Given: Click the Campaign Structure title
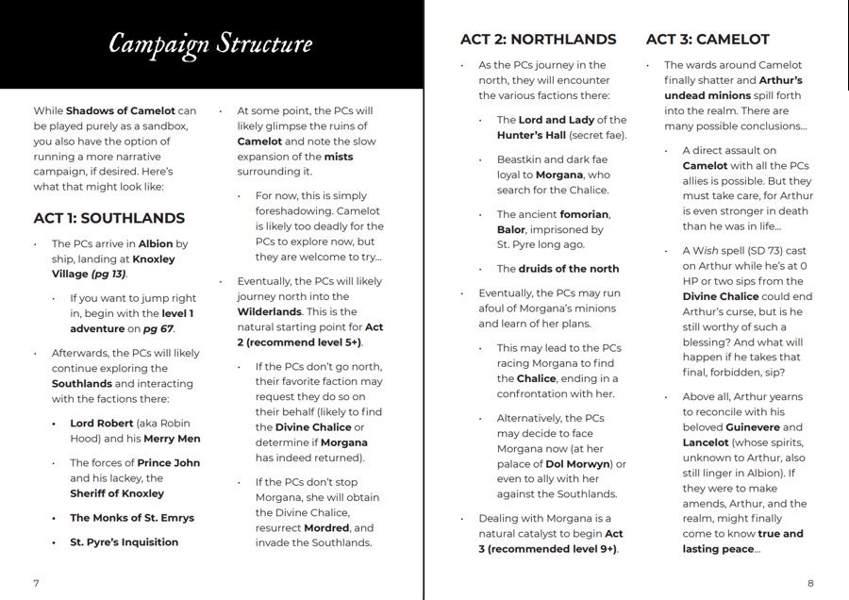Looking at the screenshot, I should (x=209, y=43).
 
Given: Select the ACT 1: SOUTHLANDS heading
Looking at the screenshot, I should (x=108, y=218).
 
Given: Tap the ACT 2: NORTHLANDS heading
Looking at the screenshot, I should (x=538, y=40).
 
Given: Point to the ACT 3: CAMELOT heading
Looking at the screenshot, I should (x=707, y=40).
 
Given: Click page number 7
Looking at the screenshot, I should (x=36, y=582).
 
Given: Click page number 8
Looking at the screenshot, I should (x=811, y=582).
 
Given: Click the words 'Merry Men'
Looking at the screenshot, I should (x=172, y=439).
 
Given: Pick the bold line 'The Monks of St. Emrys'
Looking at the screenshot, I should (x=132, y=518).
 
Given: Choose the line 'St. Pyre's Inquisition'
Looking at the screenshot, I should (x=124, y=542).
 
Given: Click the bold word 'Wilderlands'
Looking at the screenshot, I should (x=270, y=311).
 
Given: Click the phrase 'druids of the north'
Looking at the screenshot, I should (x=569, y=269).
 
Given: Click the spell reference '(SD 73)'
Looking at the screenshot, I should (x=757, y=250).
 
